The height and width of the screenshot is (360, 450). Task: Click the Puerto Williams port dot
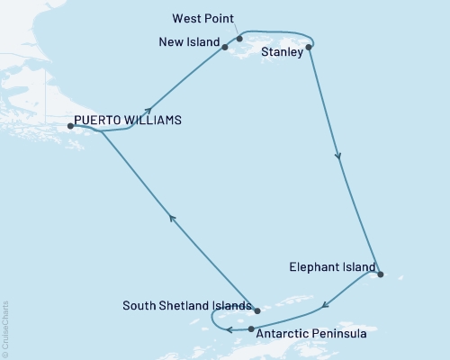point(70,126)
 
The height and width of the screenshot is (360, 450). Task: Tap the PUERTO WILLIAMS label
point(128,119)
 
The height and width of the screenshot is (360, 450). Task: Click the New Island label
point(188,42)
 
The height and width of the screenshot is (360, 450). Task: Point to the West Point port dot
point(239,39)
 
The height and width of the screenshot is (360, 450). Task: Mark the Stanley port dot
point(309,47)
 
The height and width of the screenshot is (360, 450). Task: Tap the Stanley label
point(281,53)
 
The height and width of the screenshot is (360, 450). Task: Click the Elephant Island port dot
point(381,274)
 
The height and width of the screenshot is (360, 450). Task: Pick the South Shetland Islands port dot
point(256,310)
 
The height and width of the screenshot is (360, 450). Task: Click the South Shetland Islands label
point(185,306)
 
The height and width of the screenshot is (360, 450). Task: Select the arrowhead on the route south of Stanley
point(338,157)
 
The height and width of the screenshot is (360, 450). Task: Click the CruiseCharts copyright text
point(5,329)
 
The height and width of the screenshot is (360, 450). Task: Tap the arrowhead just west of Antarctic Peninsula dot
point(230,329)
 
